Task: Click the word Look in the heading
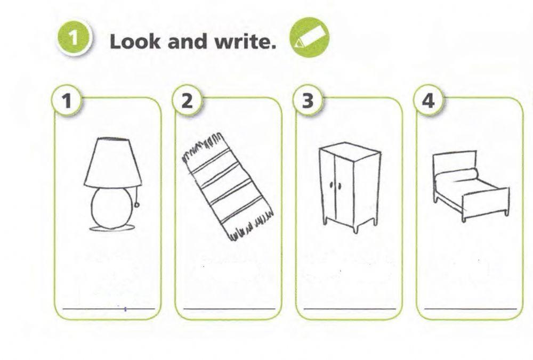pos(135,42)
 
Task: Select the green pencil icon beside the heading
pos(309,37)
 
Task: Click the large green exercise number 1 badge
pos(73,38)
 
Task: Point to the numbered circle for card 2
pos(187,101)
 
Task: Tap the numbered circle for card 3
pos(308,101)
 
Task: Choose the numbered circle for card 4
pos(429,101)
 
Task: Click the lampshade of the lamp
pos(113,162)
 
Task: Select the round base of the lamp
pos(111,208)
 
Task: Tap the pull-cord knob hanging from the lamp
pos(137,205)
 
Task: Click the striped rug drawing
pos(227,187)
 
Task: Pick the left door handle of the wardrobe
pos(331,185)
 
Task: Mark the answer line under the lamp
pos(109,309)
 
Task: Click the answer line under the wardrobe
pos(350,309)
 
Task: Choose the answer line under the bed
pos(471,309)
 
